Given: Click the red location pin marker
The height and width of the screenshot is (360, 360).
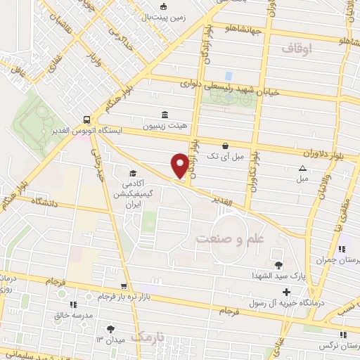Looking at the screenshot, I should pyautogui.click(x=180, y=166).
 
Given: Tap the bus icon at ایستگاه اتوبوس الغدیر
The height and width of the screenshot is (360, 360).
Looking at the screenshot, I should pyautogui.click(x=85, y=120).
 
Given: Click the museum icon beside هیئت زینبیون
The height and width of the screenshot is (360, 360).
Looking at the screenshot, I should pyautogui.click(x=165, y=115).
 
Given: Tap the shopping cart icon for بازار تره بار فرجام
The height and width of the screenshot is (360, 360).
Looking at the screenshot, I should pyautogui.click(x=124, y=287).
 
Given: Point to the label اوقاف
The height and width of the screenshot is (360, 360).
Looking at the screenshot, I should pyautogui.click(x=296, y=49).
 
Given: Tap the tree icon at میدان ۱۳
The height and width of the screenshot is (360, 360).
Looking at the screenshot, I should pyautogui.click(x=110, y=328).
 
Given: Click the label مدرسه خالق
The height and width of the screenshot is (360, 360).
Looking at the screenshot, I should pyautogui.click(x=73, y=315).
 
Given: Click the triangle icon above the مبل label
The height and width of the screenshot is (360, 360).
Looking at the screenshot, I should pyautogui.click(x=302, y=167).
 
